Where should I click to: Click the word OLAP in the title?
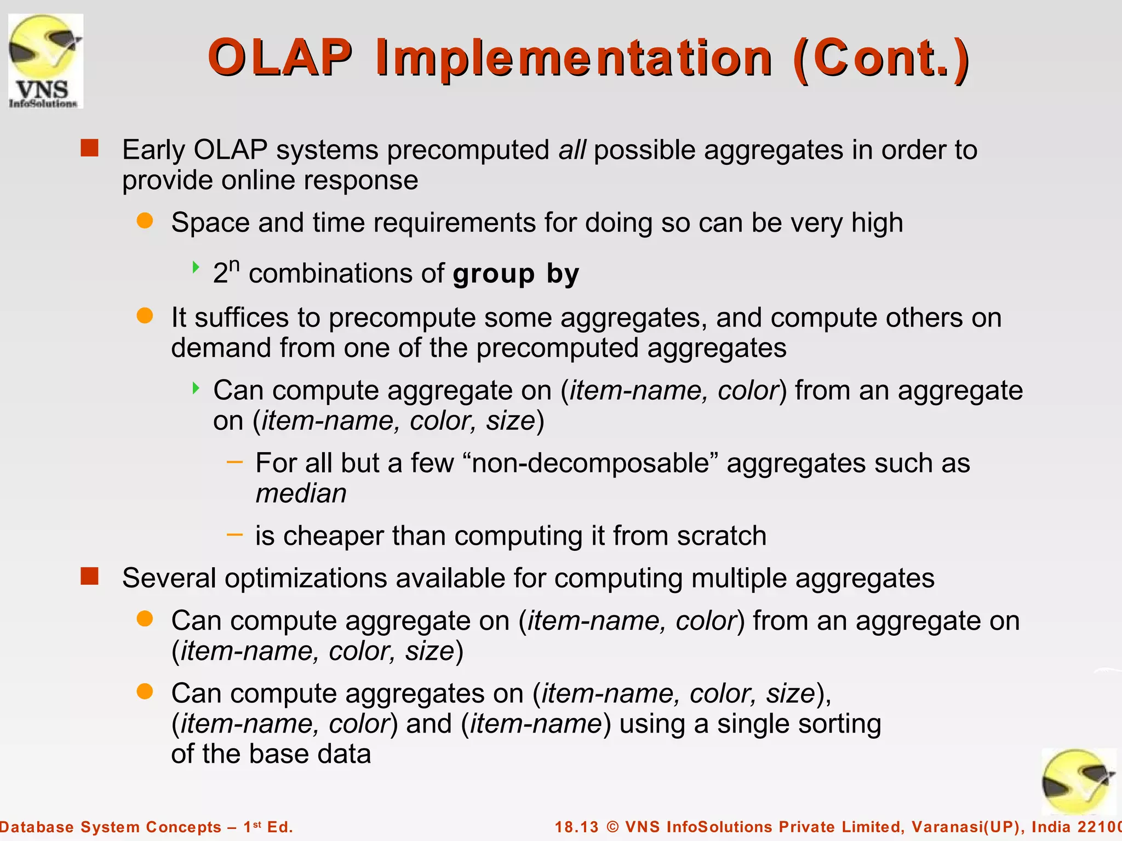(280, 58)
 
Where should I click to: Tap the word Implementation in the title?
(574, 59)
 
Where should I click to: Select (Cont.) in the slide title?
(881, 59)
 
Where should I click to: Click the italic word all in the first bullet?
(572, 150)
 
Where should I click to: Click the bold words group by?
(516, 273)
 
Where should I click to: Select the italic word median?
(301, 493)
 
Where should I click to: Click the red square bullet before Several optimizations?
(89, 576)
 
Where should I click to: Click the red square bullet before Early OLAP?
(89, 148)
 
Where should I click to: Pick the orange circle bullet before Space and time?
(145, 221)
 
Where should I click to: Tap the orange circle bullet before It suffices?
(145, 315)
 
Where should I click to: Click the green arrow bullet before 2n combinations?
(196, 267)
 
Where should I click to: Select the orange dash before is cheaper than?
(234, 534)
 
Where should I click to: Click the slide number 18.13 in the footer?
(576, 827)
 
